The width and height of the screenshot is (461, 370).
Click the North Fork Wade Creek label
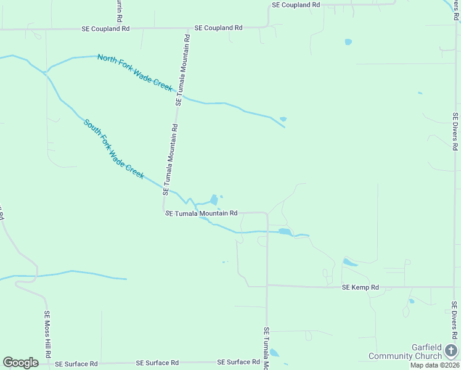point(134,73)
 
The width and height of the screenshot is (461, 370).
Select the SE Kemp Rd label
point(360,287)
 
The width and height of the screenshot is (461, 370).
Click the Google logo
point(20,363)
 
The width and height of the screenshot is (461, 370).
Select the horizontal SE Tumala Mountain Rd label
point(202,213)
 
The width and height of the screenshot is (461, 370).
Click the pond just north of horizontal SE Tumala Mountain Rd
point(214,200)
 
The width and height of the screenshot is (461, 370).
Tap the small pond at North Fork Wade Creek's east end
point(283,119)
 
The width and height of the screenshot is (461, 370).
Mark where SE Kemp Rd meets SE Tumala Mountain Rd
point(267,286)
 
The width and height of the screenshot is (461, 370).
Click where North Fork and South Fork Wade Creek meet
point(45,72)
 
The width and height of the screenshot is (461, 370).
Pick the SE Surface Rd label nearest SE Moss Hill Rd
point(76,364)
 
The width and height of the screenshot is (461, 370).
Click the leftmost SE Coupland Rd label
point(106,28)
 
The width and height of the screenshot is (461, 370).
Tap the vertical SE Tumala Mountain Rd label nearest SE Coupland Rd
point(183,70)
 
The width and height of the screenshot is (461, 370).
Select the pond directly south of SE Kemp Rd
point(411,301)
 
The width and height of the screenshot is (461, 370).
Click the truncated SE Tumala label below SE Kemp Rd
point(267,348)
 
